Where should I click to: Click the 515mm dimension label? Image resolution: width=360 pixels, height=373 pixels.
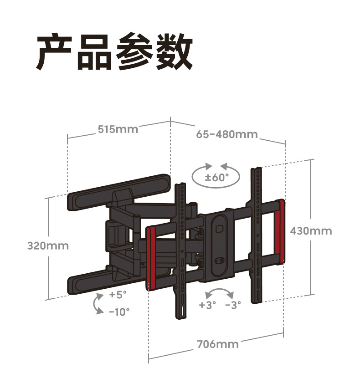[118, 129]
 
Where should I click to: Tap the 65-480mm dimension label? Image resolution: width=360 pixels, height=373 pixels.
[227, 134]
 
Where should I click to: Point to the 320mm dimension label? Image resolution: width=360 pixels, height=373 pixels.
[48, 245]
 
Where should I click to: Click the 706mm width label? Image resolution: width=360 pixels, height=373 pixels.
[218, 344]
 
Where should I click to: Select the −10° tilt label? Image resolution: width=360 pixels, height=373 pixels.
[119, 312]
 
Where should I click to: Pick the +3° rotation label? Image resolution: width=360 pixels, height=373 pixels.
[208, 305]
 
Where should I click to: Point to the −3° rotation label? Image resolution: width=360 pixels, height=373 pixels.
[233, 305]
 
